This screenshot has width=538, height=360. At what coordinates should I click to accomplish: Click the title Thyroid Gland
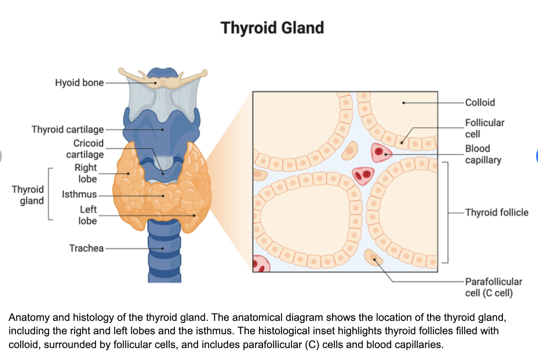[x=272, y=28]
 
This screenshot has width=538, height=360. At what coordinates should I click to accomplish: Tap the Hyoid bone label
[x=79, y=82]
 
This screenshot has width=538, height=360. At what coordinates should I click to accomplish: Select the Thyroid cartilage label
[x=67, y=129]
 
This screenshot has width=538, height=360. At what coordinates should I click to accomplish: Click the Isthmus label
[x=79, y=194]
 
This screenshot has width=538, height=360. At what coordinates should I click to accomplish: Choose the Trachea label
[x=86, y=248]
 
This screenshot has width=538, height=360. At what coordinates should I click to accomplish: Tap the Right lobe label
[x=86, y=173]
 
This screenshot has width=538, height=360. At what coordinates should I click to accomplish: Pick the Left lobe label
[x=88, y=215]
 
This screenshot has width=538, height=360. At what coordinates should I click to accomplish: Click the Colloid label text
[x=480, y=102]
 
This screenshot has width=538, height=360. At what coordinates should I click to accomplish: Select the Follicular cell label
[x=484, y=128]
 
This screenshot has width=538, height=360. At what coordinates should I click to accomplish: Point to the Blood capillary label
[x=483, y=154]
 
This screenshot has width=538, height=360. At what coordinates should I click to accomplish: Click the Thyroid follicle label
[x=497, y=212]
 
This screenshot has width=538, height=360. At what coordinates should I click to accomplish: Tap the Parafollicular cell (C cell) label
[x=493, y=287]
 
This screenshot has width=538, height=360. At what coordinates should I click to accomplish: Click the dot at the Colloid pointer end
[x=403, y=103]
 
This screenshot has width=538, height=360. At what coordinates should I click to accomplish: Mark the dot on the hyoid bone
[x=156, y=83]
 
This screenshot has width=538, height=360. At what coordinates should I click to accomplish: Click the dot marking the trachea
[x=162, y=249]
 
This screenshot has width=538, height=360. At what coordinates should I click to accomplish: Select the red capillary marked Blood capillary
[x=380, y=152]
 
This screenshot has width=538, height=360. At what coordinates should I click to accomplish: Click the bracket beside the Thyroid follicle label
[x=446, y=212]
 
